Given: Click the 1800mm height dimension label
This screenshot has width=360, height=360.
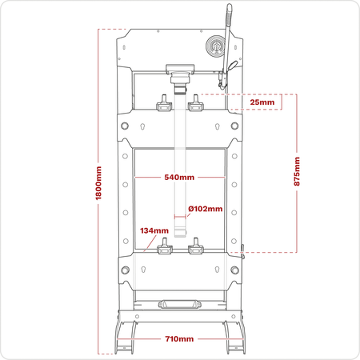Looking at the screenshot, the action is pos(98,183).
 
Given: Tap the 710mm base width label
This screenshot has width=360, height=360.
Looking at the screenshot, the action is pos(179,339).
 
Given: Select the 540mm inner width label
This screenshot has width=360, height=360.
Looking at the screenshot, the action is pos(179,178).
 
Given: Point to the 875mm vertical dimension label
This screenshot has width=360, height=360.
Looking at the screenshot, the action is pos(297,171).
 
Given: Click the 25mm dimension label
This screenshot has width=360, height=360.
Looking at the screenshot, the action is pos(262,102).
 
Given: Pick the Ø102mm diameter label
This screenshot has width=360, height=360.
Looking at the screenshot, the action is pos(206,209).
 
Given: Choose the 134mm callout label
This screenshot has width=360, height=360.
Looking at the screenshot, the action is pos(154,230).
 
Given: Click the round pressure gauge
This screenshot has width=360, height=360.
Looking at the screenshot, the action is pos(216,46).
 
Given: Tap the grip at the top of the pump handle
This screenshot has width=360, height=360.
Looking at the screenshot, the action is pos(229,14).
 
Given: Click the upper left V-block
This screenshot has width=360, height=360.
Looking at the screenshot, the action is pos(164,104).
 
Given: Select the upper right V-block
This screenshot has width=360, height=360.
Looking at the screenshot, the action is pos(196,104).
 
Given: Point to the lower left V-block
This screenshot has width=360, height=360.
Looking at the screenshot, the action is pos(165,246).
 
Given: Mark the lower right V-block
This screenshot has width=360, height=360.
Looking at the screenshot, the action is pos(196,246).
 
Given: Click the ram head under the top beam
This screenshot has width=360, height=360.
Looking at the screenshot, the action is pos(180,79).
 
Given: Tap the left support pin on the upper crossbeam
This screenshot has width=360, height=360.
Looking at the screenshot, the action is pos(125,126).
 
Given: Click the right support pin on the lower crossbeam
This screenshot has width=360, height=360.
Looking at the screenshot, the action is pos(234,270).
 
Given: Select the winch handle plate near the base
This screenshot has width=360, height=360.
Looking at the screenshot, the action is pos(180,305).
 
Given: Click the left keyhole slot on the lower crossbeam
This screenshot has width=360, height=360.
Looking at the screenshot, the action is pos(143,270).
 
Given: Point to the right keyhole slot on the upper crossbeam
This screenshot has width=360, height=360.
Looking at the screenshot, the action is pos(218,126).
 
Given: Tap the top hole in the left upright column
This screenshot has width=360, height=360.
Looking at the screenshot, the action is pos(125,156).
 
